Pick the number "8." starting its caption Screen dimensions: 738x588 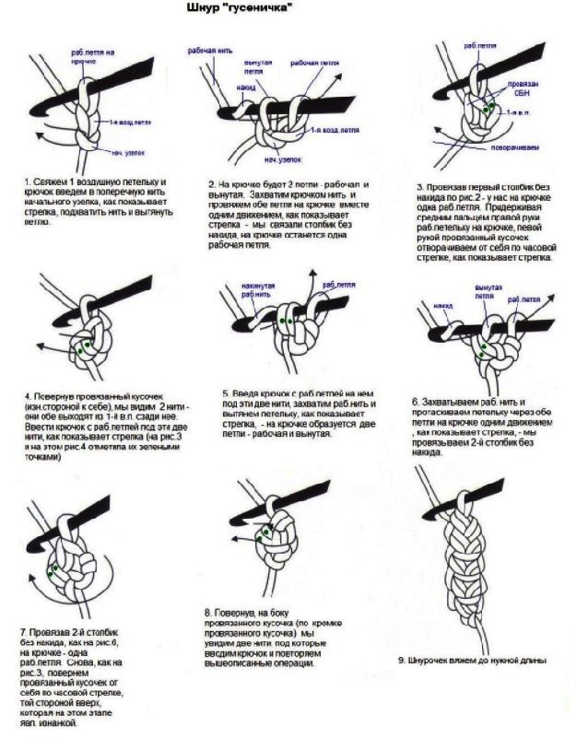click(207, 612)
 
